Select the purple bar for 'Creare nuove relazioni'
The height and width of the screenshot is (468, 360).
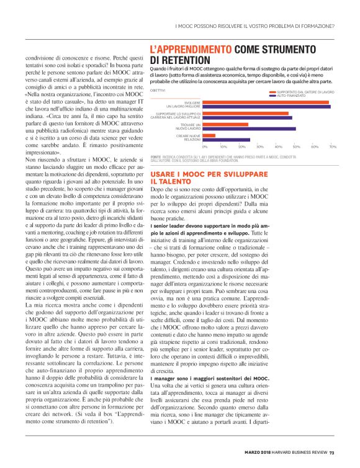pos(227,139)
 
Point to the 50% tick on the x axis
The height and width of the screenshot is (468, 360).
pos(296,146)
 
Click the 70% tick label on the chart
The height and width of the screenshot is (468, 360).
pos(333,146)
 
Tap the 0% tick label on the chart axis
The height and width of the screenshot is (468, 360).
pos(205,146)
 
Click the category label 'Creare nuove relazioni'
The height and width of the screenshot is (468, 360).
pos(187,137)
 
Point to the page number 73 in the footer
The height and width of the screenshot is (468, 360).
pos(332,451)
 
